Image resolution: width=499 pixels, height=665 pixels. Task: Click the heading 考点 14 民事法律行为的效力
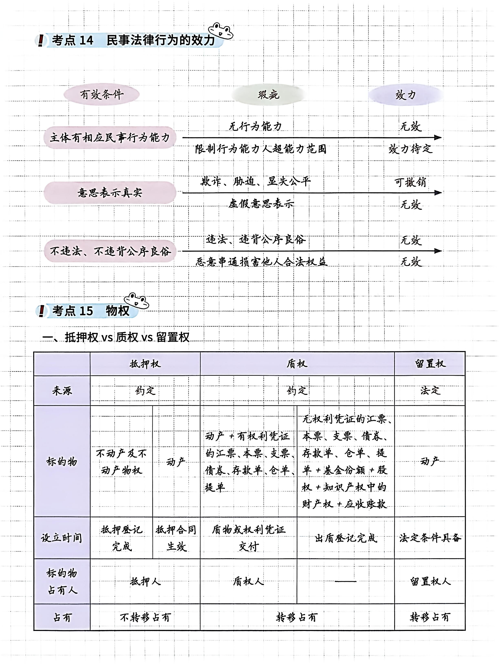tap(133, 40)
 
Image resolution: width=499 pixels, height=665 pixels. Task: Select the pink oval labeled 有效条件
tap(102, 95)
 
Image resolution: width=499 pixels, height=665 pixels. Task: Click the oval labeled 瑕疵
tap(268, 95)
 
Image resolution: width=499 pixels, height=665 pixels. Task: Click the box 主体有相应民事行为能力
tap(110, 138)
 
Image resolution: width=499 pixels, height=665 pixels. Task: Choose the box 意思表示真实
tap(110, 192)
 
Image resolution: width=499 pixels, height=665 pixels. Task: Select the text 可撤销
tap(410, 182)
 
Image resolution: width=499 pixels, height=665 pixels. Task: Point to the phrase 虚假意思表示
tap(261, 204)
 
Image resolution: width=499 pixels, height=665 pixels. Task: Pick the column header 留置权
tap(430, 364)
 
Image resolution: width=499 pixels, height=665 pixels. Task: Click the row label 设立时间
tap(62, 538)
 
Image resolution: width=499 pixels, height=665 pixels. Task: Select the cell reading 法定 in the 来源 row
tap(430, 390)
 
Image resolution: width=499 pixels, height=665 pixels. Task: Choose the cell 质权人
tap(249, 581)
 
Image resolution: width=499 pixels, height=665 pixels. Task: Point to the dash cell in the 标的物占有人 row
tap(346, 581)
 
